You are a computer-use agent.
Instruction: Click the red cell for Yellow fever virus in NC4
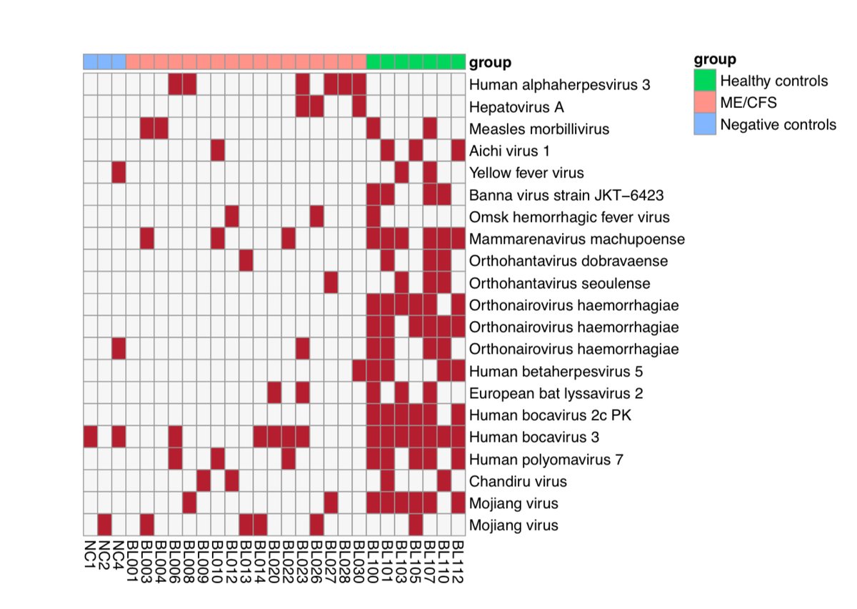[x=119, y=173]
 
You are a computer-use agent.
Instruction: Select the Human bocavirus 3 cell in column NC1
[x=91, y=436]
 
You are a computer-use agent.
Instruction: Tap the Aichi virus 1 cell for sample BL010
[x=218, y=151]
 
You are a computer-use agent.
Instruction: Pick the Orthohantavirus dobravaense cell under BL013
[x=246, y=261]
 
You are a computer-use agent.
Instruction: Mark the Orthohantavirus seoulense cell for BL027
[x=331, y=283]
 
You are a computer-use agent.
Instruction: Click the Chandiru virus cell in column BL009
[x=204, y=480]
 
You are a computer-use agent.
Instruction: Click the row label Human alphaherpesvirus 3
[x=560, y=85]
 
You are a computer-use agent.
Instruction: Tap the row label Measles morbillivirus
[x=539, y=129]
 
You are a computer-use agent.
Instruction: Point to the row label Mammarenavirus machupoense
[x=577, y=239]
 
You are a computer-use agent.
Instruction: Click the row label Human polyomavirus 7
[x=547, y=459]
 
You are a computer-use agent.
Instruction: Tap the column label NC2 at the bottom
[x=104, y=554]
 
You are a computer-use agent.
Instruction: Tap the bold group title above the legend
[x=715, y=59]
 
